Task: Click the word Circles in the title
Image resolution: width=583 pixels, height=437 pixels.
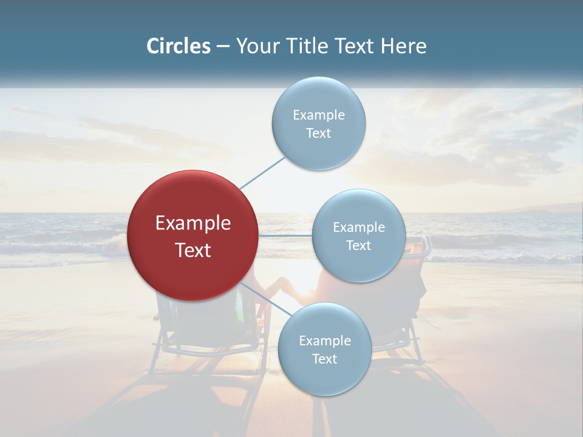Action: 179,46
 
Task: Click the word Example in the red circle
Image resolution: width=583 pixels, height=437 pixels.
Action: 193,223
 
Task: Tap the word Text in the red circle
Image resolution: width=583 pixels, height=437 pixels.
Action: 193,250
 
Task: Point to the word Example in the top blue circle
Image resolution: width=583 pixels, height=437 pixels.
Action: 318,115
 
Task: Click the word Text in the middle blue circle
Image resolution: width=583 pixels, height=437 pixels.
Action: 358,246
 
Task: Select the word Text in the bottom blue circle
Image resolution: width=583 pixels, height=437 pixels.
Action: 324,359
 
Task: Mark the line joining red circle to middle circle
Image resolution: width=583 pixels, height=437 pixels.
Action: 285,235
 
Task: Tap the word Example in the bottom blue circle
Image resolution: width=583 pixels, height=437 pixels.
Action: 324,341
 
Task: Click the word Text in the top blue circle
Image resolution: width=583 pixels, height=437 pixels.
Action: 318,134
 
